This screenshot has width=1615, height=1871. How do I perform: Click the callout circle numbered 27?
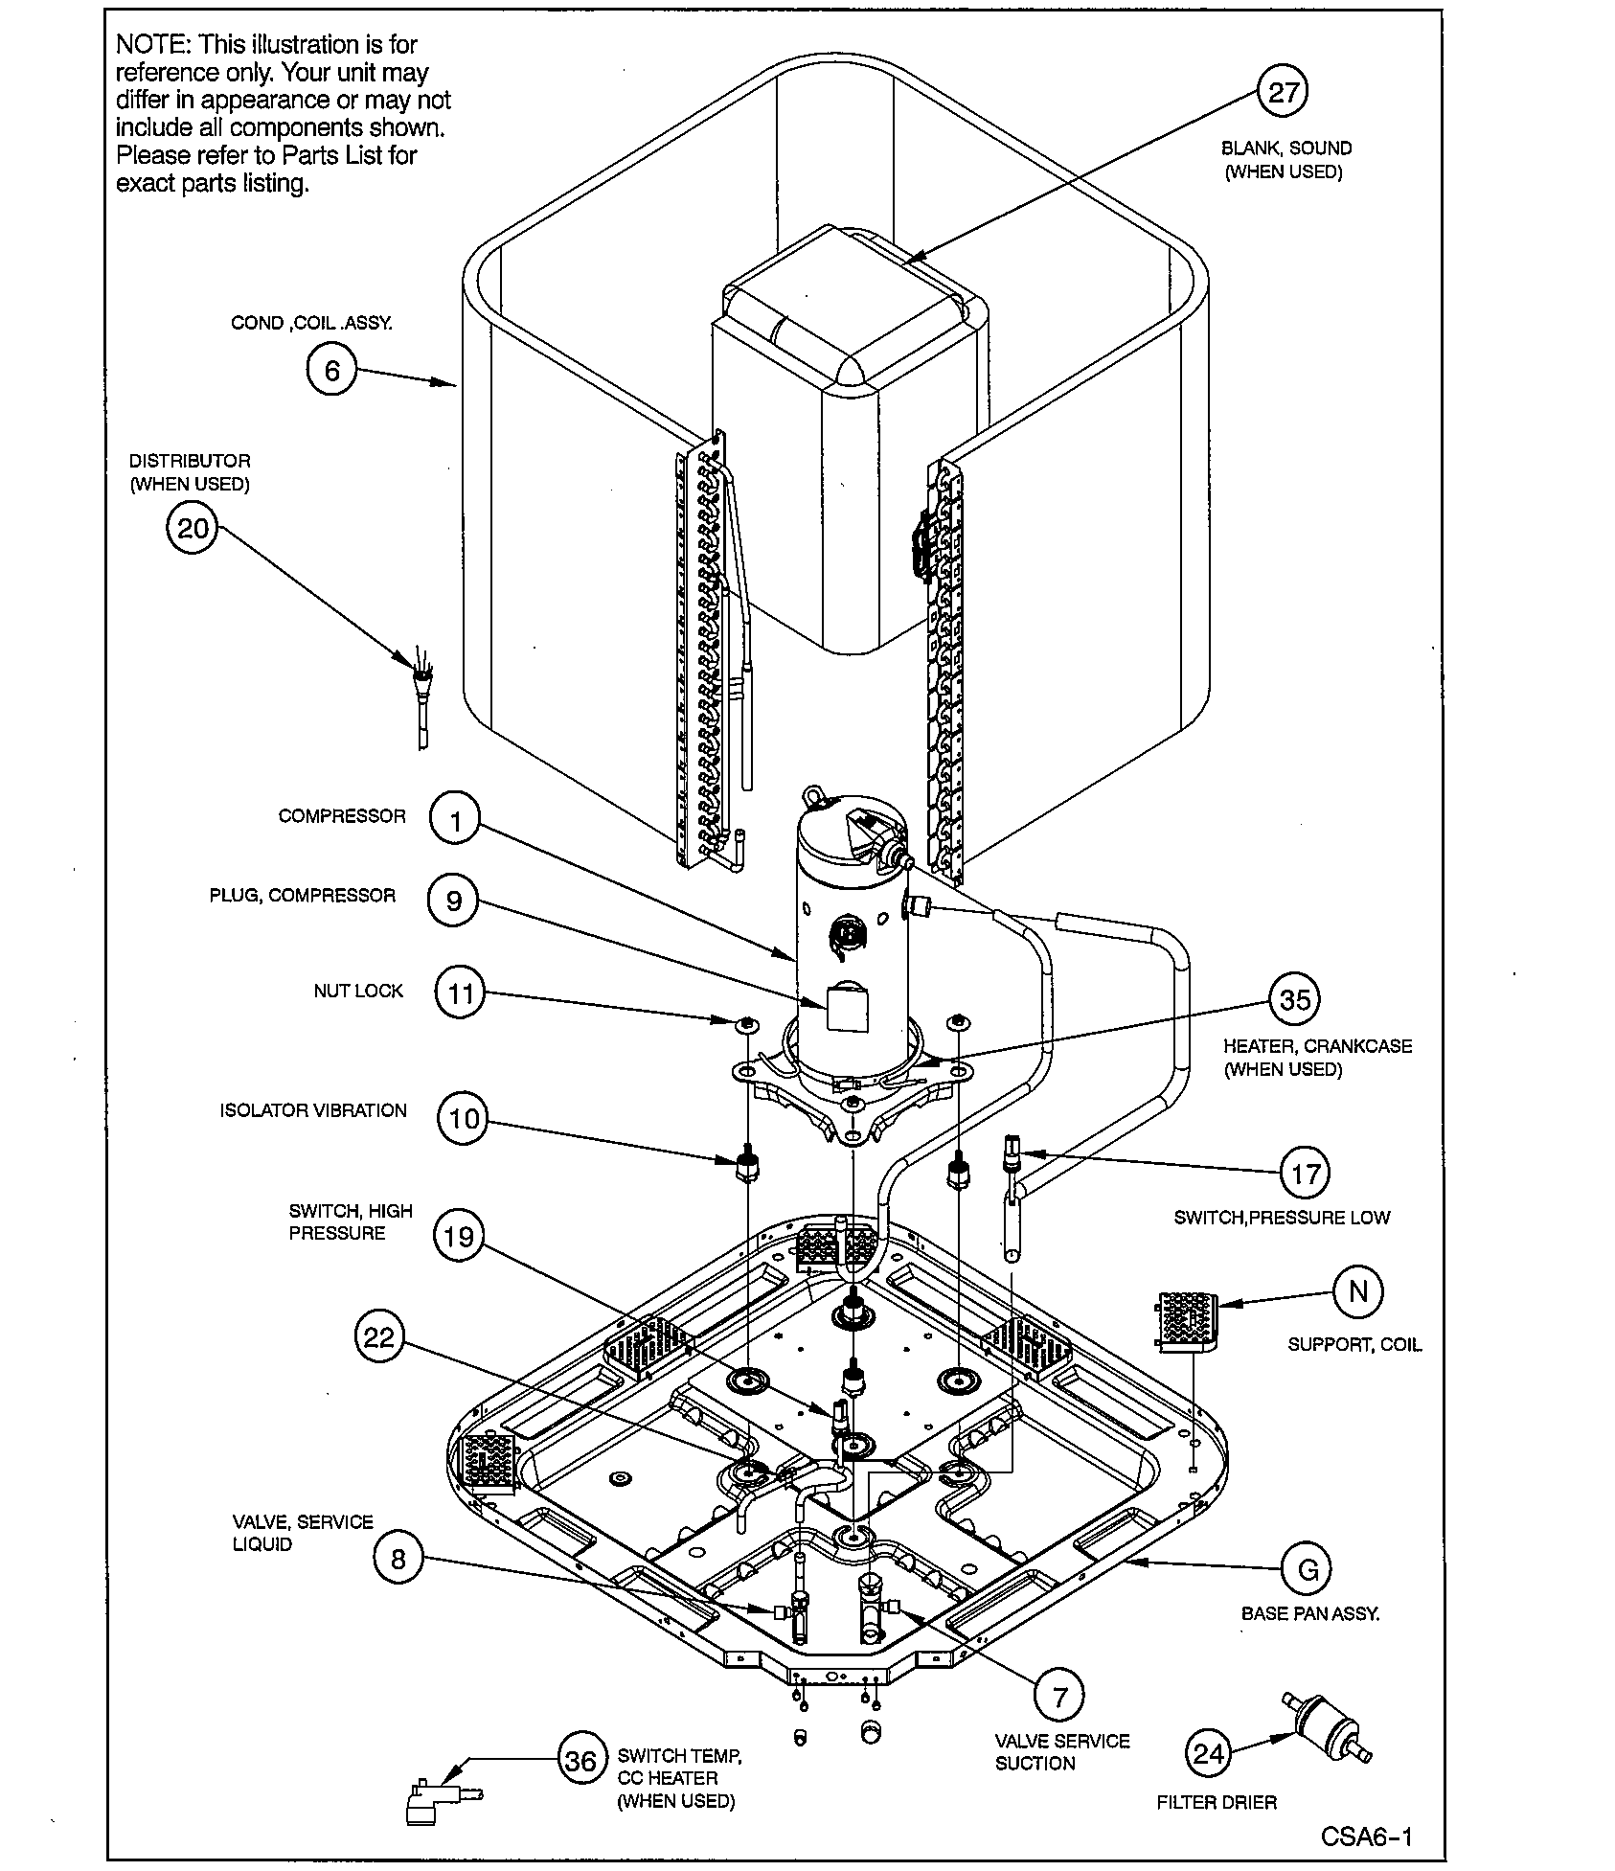[1283, 92]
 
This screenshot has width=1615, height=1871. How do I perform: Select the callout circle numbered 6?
[331, 370]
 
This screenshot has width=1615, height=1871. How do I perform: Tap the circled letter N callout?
[1357, 1291]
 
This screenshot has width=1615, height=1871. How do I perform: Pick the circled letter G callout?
[1307, 1569]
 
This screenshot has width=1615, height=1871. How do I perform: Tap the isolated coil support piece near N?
[1187, 1322]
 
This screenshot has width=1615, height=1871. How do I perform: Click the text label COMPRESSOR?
[342, 816]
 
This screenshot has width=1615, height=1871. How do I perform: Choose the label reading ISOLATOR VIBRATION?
[313, 1110]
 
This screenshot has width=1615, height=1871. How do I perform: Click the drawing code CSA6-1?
[1366, 1836]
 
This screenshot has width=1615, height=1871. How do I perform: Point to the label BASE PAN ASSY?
[1310, 1613]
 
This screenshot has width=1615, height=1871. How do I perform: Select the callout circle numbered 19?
[459, 1236]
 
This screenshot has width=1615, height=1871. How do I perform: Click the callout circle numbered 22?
[379, 1336]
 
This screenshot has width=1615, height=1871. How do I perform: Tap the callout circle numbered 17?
[1306, 1174]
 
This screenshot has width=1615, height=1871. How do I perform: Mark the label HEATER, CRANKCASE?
[1317, 1046]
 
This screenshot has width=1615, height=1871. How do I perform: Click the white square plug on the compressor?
[846, 1009]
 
